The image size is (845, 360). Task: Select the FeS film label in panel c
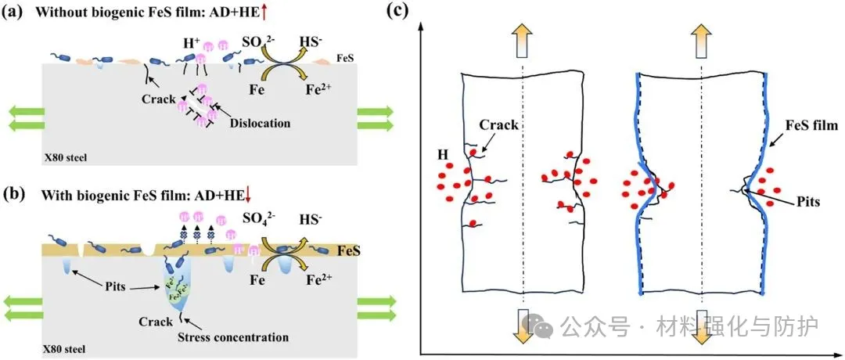[x=809, y=124]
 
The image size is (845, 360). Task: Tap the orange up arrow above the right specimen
[x=701, y=40]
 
